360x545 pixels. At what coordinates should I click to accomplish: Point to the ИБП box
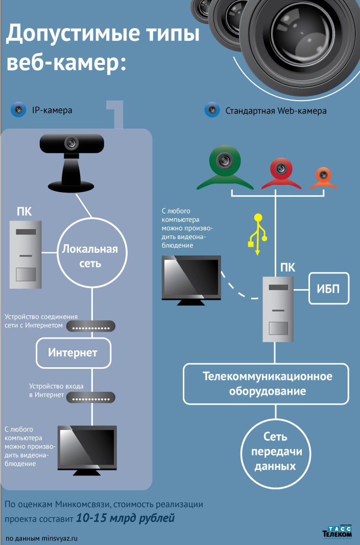click(329, 288)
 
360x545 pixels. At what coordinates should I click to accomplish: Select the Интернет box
click(73, 352)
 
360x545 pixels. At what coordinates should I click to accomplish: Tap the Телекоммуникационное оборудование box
click(267, 384)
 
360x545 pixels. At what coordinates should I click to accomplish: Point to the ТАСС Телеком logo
click(337, 532)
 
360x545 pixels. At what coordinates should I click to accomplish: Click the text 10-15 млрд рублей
click(126, 518)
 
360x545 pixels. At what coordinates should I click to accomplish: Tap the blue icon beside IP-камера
click(18, 110)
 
